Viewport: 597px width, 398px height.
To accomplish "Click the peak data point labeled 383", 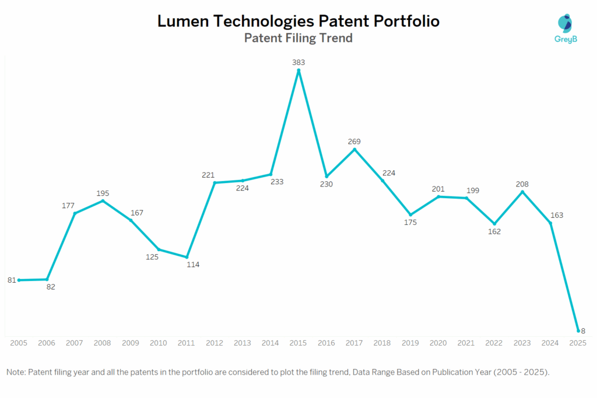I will coord(298,71).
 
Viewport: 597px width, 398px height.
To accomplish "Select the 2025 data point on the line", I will coord(578,330).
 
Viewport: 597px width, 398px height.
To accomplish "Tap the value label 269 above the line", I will coord(354,141).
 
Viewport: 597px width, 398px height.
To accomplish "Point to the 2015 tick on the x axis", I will coord(298,343).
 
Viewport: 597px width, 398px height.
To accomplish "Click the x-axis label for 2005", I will coord(19,343).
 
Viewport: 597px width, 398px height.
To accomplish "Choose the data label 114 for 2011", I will coord(193,265).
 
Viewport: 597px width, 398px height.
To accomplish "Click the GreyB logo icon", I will coord(564,23).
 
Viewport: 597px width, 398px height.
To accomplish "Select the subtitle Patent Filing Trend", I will coord(298,38).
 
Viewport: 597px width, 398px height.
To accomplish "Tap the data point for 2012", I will coord(215,183).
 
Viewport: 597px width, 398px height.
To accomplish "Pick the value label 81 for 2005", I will coord(11,280).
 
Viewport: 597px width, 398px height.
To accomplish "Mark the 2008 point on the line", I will coord(103,201).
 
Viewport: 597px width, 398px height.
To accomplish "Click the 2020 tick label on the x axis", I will coord(438,343).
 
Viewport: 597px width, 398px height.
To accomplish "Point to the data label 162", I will coord(494,231).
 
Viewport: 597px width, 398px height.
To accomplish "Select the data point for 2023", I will coord(522,192).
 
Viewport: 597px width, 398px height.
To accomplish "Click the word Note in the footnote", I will coord(16,372).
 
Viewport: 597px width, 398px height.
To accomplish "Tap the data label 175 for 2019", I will coord(410,223).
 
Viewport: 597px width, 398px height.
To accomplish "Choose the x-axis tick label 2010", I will coord(159,343).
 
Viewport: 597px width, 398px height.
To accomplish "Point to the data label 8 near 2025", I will coord(582,331).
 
